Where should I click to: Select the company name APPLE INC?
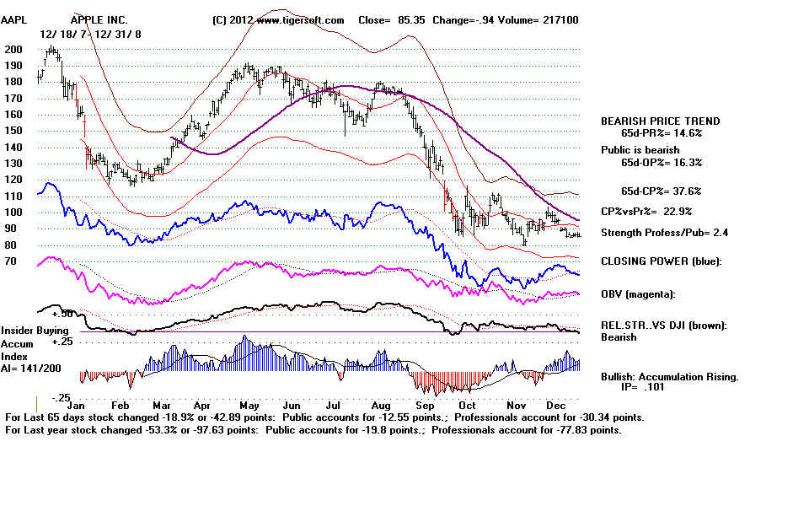pyautogui.click(x=100, y=19)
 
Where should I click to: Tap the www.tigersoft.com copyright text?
pyautogui.click(x=277, y=19)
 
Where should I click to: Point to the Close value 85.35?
pyautogui.click(x=404, y=19)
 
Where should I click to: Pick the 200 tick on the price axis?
pyautogui.click(x=13, y=50)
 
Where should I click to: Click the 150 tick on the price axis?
pyautogui.click(x=13, y=131)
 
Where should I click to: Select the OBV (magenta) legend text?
pyautogui.click(x=637, y=293)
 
